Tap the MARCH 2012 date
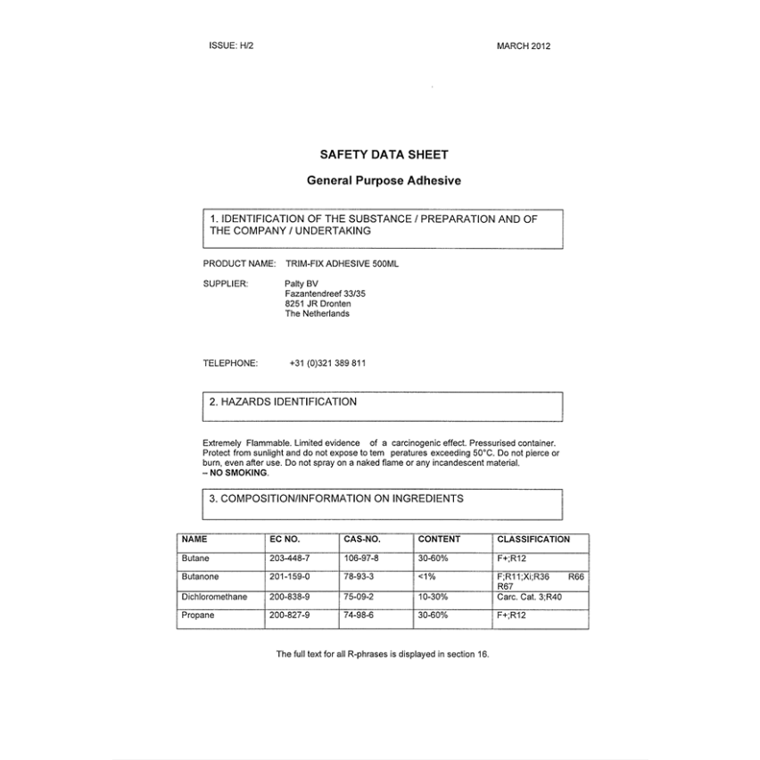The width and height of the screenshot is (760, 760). tap(524, 46)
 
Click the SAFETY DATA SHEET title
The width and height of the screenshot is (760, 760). tap(384, 154)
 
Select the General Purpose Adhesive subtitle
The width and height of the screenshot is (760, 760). tap(384, 180)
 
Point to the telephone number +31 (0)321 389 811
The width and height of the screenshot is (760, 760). tap(327, 363)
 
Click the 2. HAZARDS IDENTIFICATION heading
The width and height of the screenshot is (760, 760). tap(283, 402)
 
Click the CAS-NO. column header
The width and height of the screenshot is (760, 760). tap(362, 540)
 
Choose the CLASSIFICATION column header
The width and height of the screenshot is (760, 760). tap(533, 540)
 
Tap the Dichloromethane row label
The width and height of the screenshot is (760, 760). tap(214, 597)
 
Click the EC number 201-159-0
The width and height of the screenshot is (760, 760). tap(290, 577)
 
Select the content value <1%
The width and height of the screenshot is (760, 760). tap(427, 577)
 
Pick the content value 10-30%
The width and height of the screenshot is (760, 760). tap(433, 597)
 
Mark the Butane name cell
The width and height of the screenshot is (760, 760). tap(195, 558)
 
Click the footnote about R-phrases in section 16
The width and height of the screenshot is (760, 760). tap(383, 654)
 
